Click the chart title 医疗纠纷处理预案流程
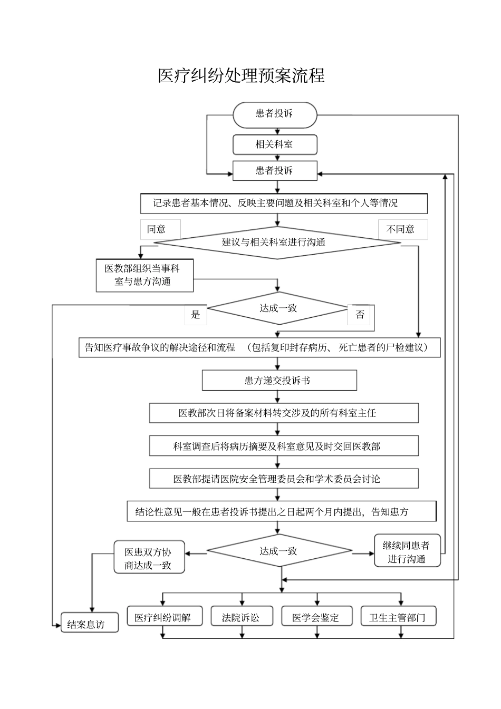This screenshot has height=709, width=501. [x=241, y=75]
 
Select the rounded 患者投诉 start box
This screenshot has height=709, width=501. [x=275, y=114]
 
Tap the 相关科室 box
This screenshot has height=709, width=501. [x=275, y=144]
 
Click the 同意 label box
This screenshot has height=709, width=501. [x=160, y=229]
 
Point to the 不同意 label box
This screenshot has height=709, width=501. [x=402, y=229]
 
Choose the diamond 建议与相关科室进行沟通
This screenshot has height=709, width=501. [x=277, y=242]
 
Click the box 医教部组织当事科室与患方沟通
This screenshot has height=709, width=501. [x=144, y=275]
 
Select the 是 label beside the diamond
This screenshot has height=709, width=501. [x=196, y=315]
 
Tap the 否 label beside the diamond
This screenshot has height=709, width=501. [x=359, y=315]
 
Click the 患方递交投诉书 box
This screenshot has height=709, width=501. [x=279, y=380]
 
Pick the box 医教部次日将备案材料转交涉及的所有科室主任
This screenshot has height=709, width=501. [x=284, y=413]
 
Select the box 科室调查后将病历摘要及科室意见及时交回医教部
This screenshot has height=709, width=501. [x=284, y=446]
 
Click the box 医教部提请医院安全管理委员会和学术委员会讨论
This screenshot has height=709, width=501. [x=284, y=479]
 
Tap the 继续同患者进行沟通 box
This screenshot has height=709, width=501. [x=407, y=551]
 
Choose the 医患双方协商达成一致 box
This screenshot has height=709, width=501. [x=149, y=558]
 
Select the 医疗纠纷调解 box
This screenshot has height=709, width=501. [x=165, y=617]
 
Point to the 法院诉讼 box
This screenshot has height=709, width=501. [x=242, y=617]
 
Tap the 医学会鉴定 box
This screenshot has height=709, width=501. [x=316, y=617]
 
